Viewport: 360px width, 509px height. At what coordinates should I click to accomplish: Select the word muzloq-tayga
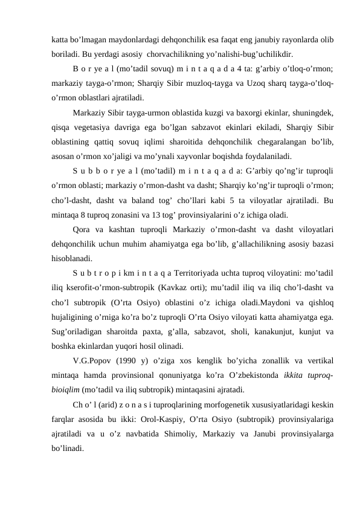point(199,82)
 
